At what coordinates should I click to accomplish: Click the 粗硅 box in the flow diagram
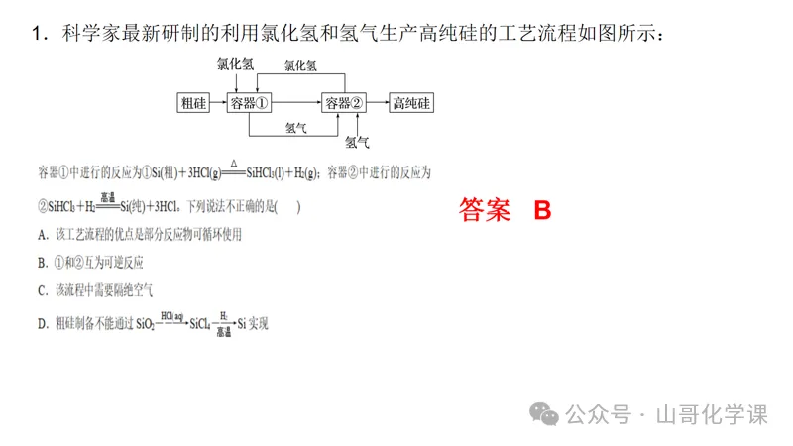coord(193,103)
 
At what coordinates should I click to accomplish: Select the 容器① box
coord(250,103)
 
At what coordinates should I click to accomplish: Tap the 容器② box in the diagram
coord(345,103)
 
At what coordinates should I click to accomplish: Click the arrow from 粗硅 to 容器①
coord(218,103)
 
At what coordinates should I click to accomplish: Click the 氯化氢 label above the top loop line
coord(300,66)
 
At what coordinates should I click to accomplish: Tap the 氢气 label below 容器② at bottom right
coord(357,142)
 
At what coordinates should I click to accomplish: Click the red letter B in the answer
coord(541,210)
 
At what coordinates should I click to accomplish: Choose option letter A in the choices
coord(42,235)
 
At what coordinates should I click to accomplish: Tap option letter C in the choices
coord(42,290)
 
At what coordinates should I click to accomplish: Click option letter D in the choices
coord(42,323)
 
